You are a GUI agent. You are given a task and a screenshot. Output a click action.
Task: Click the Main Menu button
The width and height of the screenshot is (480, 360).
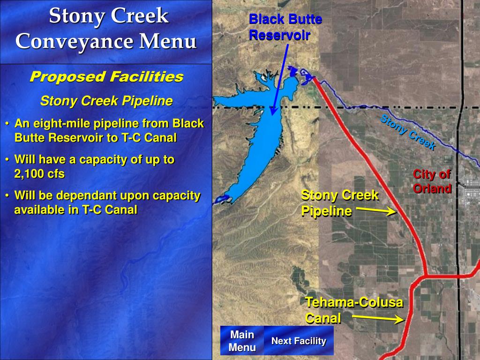pyautogui.click(x=242, y=341)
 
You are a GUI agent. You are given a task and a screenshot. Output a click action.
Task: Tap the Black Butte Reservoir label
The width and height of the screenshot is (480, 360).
pyautogui.click(x=285, y=27)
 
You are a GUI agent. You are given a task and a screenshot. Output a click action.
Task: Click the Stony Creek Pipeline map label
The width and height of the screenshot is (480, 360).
pyautogui.click(x=339, y=202)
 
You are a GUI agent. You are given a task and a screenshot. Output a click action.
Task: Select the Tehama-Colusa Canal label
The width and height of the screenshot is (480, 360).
pyautogui.click(x=354, y=310)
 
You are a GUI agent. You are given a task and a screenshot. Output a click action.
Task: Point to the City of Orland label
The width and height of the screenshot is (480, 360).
pyautogui.click(x=432, y=181)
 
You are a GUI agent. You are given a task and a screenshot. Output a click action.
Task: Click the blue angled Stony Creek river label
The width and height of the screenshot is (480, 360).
pyautogui.click(x=407, y=133)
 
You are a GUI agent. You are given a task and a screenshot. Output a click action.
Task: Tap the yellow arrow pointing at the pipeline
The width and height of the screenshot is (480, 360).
pyautogui.click(x=376, y=211)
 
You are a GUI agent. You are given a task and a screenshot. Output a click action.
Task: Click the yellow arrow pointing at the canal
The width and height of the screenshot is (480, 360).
pyautogui.click(x=378, y=319)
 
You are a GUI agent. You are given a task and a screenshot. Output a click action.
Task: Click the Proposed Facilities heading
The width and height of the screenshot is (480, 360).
pyautogui.click(x=106, y=77)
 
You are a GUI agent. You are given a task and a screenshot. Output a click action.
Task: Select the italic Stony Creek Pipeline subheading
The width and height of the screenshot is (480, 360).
pyautogui.click(x=106, y=101)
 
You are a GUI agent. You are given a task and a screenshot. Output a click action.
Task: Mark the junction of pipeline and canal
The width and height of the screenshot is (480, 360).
pyautogui.click(x=425, y=276)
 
